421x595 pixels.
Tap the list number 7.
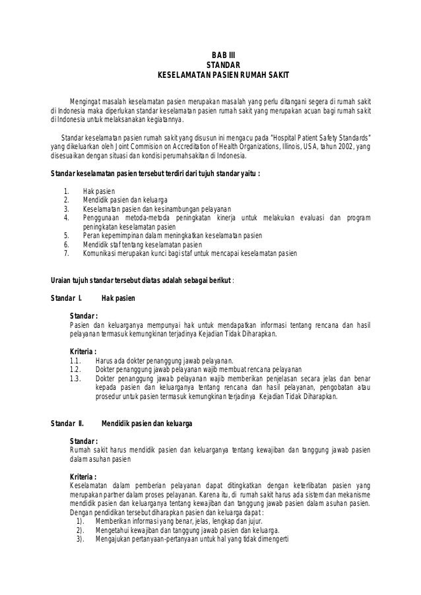pyautogui.click(x=65, y=252)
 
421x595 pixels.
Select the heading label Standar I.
pyautogui.click(x=66, y=298)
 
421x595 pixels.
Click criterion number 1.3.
pyautogui.click(x=75, y=379)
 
